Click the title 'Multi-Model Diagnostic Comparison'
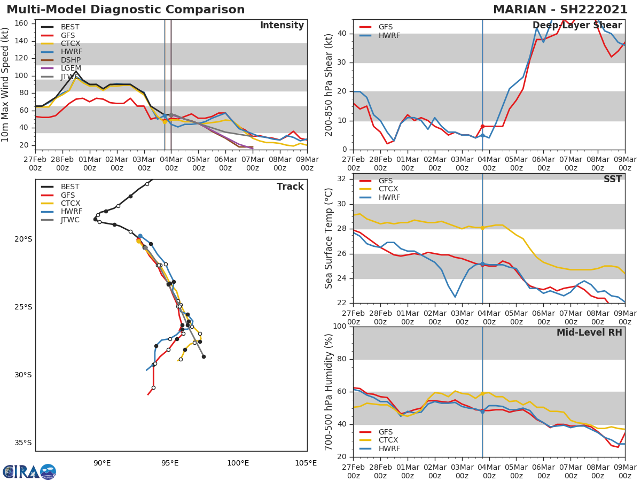coord(126,10)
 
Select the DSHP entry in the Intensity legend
coord(70,60)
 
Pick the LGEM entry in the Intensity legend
coord(71,68)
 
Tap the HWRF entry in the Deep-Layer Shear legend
coord(389,35)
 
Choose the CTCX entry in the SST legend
coord(388,189)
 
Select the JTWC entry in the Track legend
coord(70,220)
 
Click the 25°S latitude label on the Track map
coord(23,307)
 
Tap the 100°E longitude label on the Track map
coord(238,462)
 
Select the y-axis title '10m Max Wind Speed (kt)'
coord(6,84)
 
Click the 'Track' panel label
coord(290,187)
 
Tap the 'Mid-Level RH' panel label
coord(589,332)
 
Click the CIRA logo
coord(29,471)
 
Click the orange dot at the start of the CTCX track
coord(138,241)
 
